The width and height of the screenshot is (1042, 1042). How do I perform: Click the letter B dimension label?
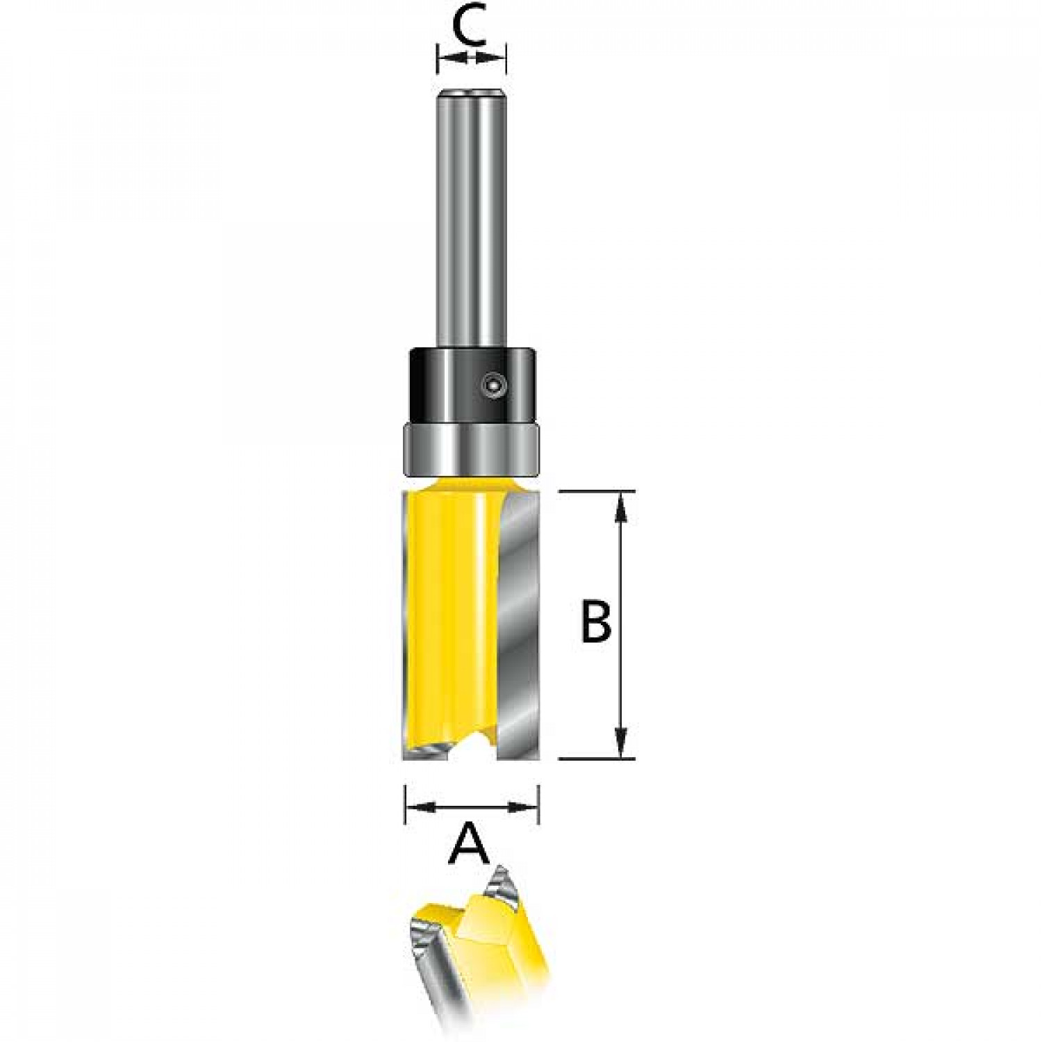pyautogui.click(x=595, y=622)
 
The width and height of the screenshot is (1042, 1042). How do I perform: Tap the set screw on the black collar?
pyautogui.click(x=493, y=382)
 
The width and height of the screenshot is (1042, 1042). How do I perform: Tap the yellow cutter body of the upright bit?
pyautogui.click(x=452, y=618)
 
